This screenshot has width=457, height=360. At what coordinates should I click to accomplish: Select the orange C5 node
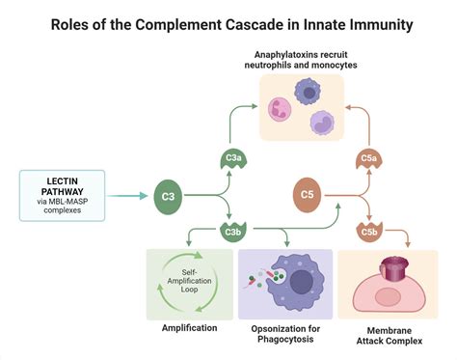click(308, 197)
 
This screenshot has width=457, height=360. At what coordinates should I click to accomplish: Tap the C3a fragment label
click(233, 157)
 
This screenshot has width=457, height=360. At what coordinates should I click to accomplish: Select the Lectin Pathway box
click(62, 196)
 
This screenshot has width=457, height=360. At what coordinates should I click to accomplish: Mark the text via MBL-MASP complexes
click(62, 208)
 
